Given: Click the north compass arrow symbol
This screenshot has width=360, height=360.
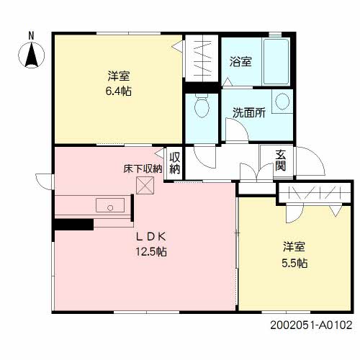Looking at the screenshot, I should point(31,55).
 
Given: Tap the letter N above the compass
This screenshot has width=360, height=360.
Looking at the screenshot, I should point(31,35).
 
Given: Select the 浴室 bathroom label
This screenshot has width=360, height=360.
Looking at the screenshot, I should point(240,62).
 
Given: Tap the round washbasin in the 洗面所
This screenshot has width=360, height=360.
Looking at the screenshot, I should point(282,101).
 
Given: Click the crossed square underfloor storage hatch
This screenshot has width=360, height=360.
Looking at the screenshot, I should point(145,186).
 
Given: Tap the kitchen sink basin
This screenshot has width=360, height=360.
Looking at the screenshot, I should point(110,206).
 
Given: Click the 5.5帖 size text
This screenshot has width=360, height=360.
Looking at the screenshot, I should point(294,263).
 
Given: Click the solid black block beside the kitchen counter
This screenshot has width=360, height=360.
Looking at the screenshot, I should point(73,224).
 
